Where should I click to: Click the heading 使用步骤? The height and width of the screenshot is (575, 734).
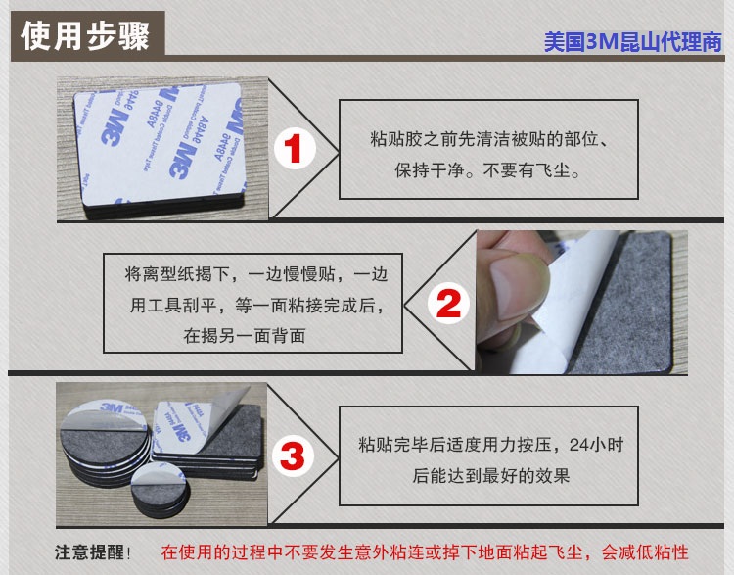[85, 36]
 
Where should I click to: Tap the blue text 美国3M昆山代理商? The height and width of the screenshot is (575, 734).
[633, 43]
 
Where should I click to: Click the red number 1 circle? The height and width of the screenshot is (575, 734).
[295, 149]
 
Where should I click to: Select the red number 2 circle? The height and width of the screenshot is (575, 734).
[448, 304]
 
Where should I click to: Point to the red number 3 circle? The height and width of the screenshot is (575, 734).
[292, 456]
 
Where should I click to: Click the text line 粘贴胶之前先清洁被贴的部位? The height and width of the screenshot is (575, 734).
[484, 139]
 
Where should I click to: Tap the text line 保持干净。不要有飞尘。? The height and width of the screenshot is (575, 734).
[487, 170]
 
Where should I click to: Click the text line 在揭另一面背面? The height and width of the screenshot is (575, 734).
[245, 336]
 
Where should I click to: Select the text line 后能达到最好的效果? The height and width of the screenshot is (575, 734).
[490, 475]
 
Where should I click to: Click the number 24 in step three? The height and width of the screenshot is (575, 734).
[579, 445]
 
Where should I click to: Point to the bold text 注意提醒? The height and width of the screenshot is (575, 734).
[89, 552]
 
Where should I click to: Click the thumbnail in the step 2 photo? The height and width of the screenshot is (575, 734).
[519, 285]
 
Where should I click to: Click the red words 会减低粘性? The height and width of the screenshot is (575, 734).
[645, 552]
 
